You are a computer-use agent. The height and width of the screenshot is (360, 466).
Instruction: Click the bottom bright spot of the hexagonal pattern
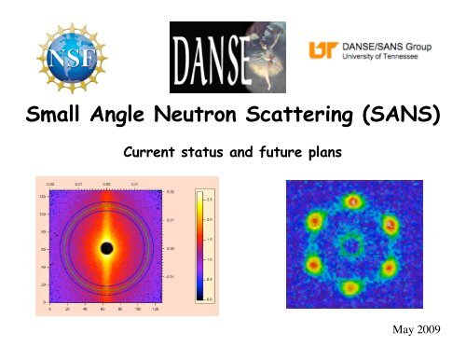coord(350,287)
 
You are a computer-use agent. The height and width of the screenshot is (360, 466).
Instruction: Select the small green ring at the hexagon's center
coord(351,245)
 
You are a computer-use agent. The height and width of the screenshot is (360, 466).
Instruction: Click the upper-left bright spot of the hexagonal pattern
coord(315,222)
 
